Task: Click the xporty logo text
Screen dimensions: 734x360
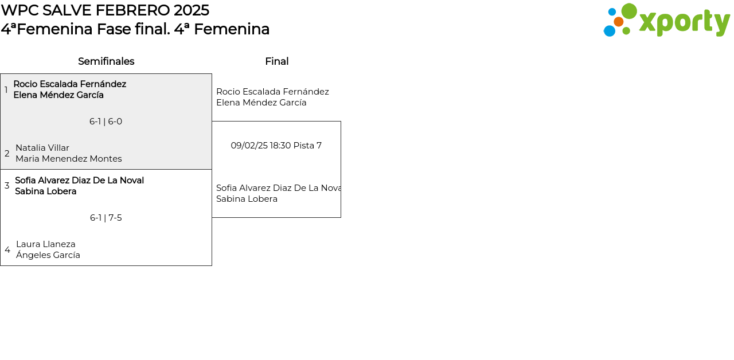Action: pyautogui.click(x=685, y=22)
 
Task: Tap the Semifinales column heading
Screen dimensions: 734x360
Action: pyautogui.click(x=106, y=61)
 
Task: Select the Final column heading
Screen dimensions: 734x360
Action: pyautogui.click(x=277, y=61)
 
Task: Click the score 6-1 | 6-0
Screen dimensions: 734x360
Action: pyautogui.click(x=106, y=122)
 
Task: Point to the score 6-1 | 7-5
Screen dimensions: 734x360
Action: pyautogui.click(x=106, y=218)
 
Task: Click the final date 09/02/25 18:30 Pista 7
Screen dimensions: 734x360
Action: pyautogui.click(x=276, y=146)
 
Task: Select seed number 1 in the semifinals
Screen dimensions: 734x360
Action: pyautogui.click(x=6, y=89)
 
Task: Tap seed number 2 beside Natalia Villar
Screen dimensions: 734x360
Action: pyautogui.click(x=7, y=153)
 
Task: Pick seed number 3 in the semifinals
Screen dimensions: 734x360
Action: pyautogui.click(x=7, y=186)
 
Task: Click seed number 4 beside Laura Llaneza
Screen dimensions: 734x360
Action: pyautogui.click(x=7, y=250)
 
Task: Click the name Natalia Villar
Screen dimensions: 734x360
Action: pyautogui.click(x=42, y=148)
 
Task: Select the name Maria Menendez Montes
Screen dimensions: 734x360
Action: pyautogui.click(x=69, y=159)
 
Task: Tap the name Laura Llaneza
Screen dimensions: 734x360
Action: pyautogui.click(x=46, y=244)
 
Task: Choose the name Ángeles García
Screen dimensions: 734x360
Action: pyautogui.click(x=48, y=255)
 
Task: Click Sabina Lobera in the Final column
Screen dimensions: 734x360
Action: pyautogui.click(x=247, y=199)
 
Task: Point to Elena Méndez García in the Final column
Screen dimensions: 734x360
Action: pyautogui.click(x=261, y=103)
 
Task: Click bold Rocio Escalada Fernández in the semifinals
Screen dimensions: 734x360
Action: pyautogui.click(x=70, y=84)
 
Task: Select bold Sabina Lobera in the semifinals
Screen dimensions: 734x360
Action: pyautogui.click(x=46, y=191)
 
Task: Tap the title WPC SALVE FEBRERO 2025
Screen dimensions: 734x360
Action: pyautogui.click(x=105, y=10)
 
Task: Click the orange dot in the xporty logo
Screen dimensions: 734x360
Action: pyautogui.click(x=619, y=22)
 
